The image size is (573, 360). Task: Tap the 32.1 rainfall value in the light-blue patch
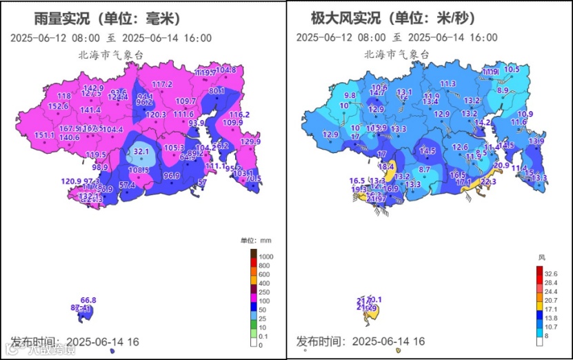[141, 151]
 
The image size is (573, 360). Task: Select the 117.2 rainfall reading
[161, 84]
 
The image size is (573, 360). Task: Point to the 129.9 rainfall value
[250, 141]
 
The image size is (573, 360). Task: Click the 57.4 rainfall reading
[127, 185]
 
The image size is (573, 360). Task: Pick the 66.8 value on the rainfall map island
[88, 300]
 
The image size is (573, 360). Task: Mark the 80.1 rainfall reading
[217, 90]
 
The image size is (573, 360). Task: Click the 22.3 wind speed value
[487, 181]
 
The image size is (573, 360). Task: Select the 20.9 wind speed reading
[501, 165]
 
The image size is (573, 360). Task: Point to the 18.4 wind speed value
[385, 166]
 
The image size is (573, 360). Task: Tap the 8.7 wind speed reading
[425, 169]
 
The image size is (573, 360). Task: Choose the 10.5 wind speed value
[512, 69]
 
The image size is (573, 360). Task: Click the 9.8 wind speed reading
[350, 95]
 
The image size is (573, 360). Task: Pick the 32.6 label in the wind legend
[550, 274]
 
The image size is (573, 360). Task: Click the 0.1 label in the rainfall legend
[264, 336]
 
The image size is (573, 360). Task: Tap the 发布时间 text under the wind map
[321, 341]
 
